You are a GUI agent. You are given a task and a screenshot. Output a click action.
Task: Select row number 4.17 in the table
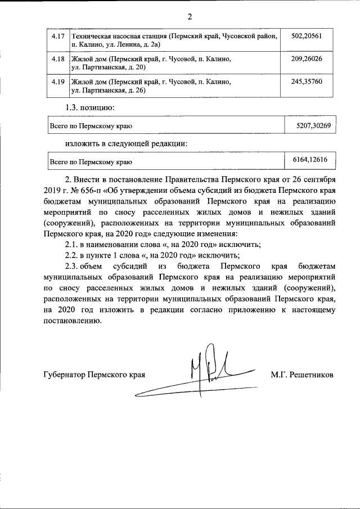tap(57, 35)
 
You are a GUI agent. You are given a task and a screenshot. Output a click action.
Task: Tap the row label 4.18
tap(57, 58)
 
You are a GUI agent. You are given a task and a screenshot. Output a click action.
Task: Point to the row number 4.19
tap(57, 82)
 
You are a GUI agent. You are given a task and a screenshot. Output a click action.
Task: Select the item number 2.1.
tap(73, 244)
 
